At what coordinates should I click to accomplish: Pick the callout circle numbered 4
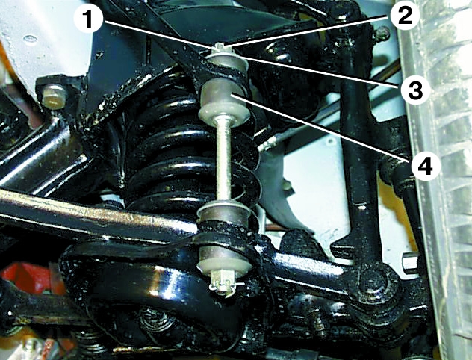pyautogui.click(x=426, y=166)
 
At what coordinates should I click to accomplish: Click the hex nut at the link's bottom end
pyautogui.click(x=222, y=282)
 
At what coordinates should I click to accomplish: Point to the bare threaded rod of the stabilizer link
pyautogui.click(x=223, y=161)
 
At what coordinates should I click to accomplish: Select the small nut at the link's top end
pyautogui.click(x=220, y=47)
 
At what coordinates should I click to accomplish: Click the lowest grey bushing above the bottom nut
pyautogui.click(x=223, y=258)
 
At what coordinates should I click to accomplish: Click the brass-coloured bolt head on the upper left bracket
pyautogui.click(x=55, y=96)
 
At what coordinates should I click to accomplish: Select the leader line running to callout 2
pyautogui.click(x=308, y=31)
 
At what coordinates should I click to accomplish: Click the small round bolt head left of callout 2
pyautogui.click(x=382, y=33)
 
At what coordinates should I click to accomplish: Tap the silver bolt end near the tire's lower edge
pyautogui.click(x=409, y=262)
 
